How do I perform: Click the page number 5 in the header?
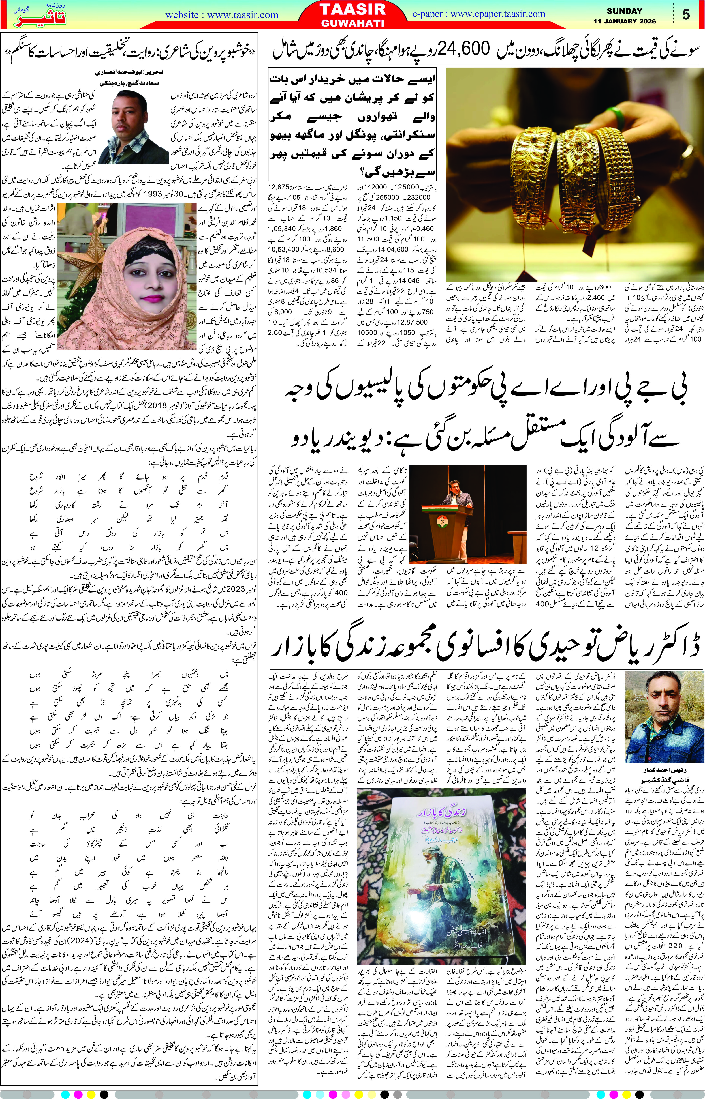tap(685, 15)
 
